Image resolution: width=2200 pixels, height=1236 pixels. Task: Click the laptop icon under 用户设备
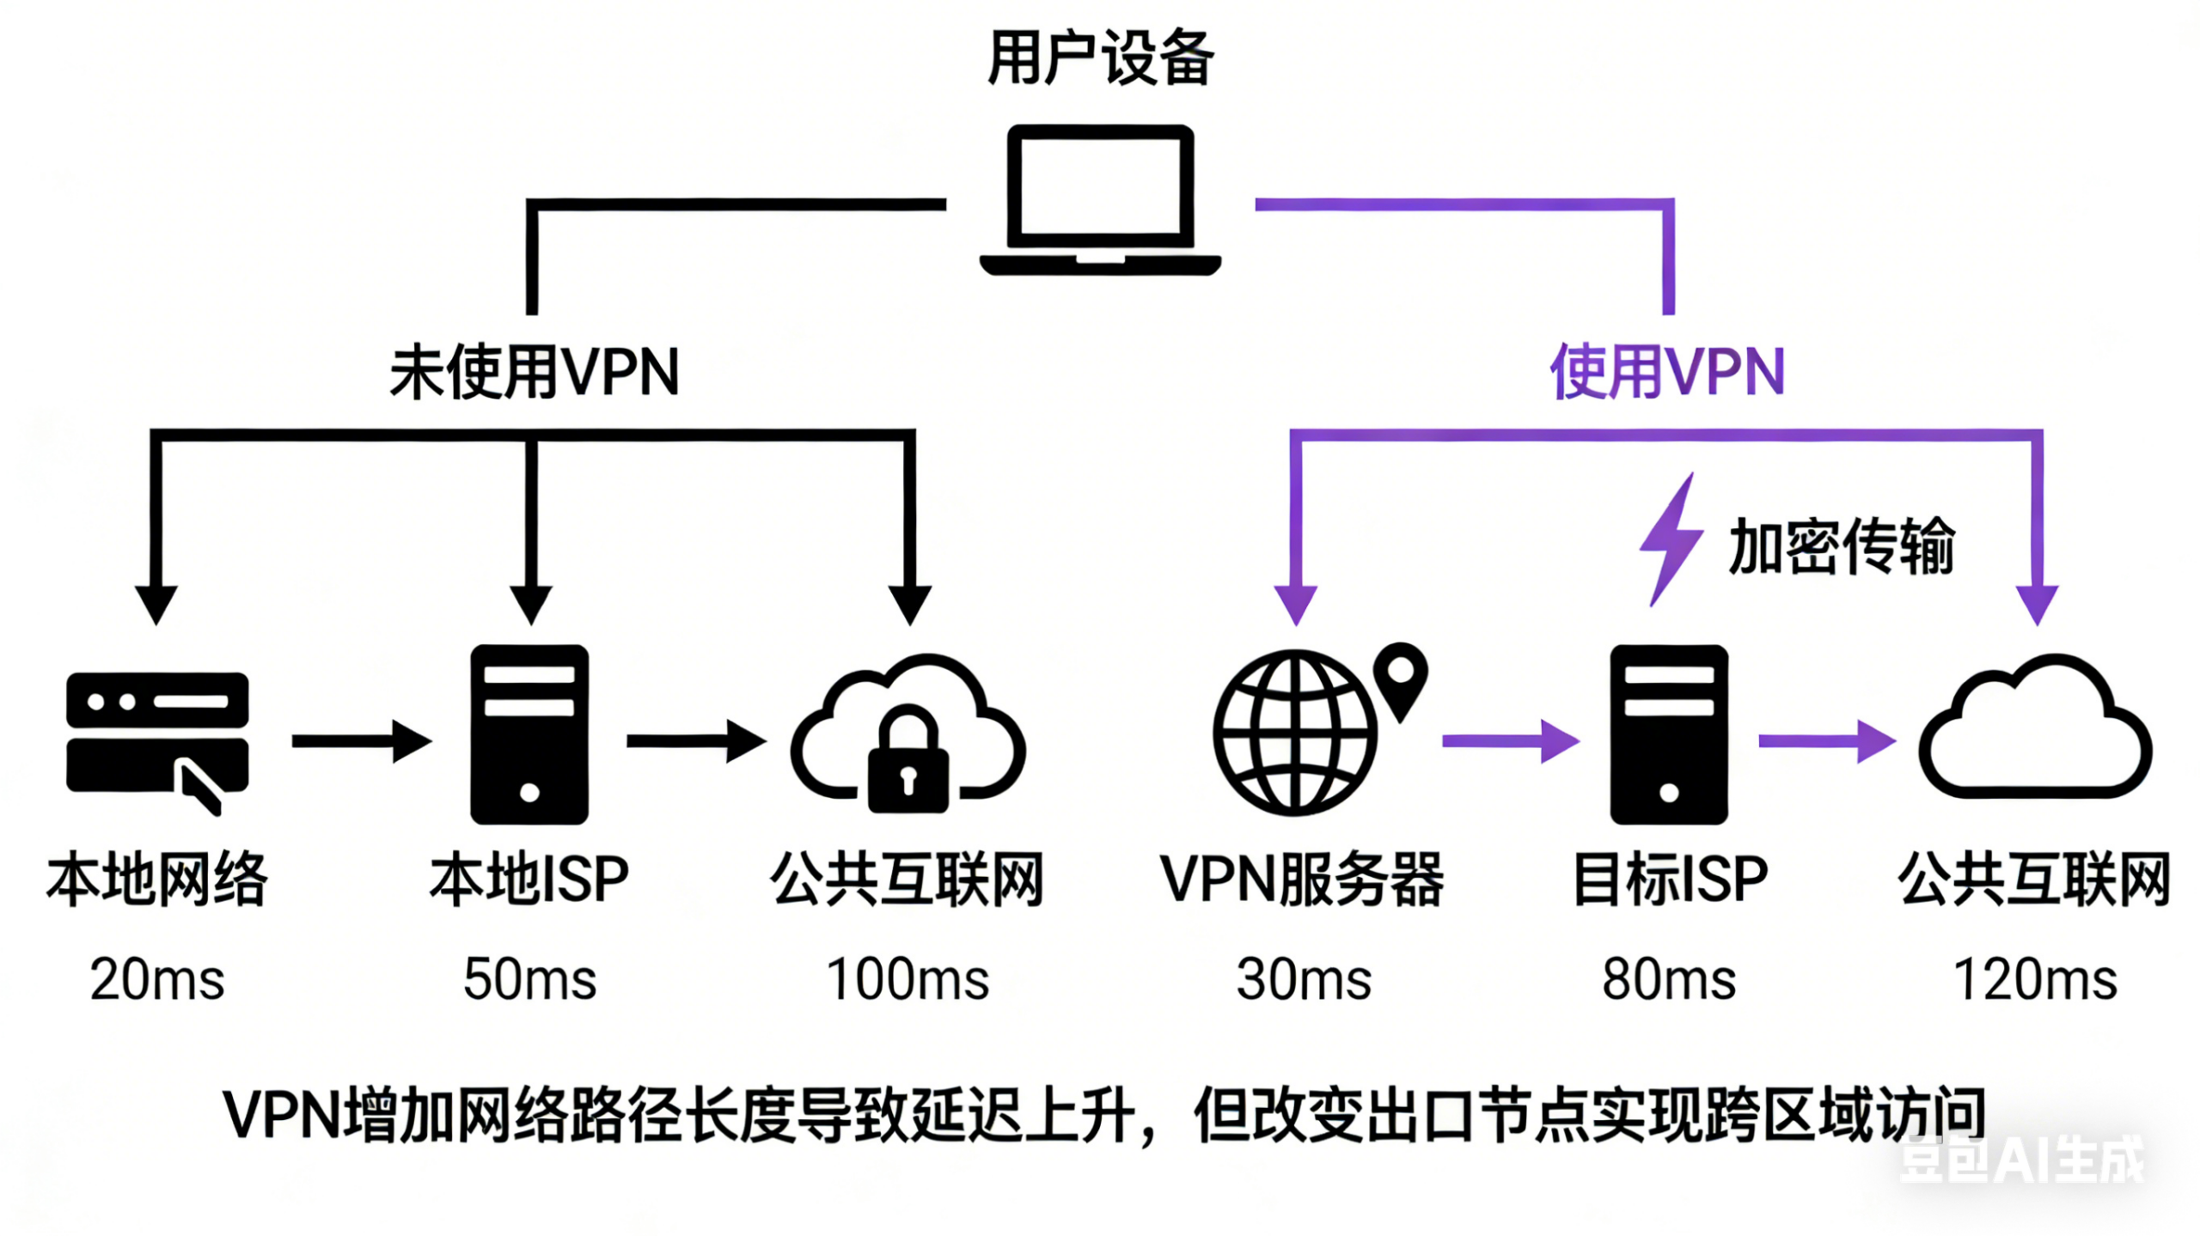point(1100,199)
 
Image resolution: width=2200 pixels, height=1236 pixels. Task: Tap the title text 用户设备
point(1101,58)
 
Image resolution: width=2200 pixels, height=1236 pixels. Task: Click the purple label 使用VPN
point(1667,372)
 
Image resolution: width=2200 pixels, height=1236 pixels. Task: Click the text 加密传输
point(1841,546)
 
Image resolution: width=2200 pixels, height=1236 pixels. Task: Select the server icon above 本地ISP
point(529,734)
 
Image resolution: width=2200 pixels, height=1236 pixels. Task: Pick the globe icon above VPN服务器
point(1294,732)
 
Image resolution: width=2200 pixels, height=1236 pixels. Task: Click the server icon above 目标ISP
point(1668,734)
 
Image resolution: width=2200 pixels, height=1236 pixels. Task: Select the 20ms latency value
point(157,979)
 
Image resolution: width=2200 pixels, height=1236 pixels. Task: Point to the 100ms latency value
point(907,979)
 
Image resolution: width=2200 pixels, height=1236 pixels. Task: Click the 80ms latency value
point(1668,979)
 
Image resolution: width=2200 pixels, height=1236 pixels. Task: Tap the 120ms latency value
point(2035,979)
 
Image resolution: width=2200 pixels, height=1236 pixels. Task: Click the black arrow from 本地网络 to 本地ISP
point(361,740)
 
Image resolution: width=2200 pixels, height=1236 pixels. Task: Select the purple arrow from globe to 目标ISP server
point(1510,740)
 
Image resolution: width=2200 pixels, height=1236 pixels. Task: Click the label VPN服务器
point(1301,880)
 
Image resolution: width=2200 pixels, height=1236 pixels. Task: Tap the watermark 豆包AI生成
point(2020,1160)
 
